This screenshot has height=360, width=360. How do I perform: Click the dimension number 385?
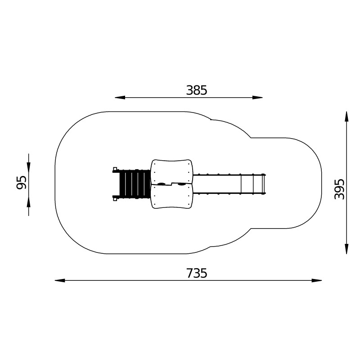197,90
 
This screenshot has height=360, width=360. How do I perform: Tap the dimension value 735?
197,273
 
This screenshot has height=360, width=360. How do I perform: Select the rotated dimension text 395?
340,189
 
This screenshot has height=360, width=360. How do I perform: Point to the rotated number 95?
21,183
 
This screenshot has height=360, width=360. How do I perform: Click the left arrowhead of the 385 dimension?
120,98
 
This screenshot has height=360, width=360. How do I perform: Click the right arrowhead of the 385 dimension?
257,98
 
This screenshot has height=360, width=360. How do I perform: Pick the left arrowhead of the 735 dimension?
60,280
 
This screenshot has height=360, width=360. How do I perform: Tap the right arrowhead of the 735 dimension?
317,280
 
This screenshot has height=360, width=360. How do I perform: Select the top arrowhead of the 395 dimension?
346,117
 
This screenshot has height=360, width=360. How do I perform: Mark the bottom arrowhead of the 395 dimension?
346,249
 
